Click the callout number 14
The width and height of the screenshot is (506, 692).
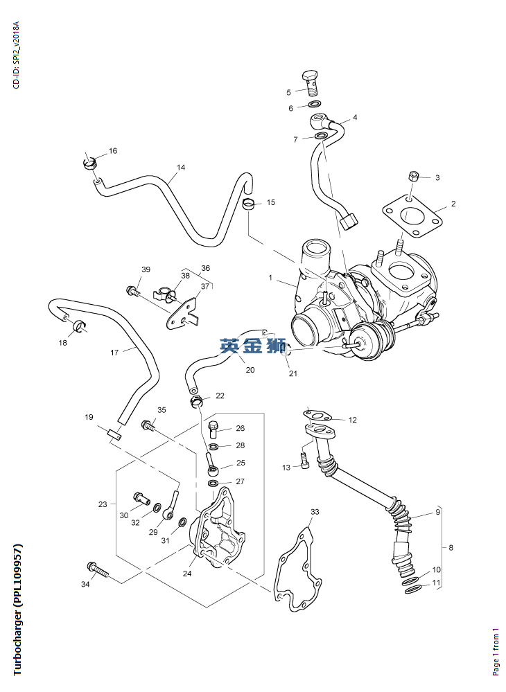point(181,168)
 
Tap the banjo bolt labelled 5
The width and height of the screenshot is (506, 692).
point(311,82)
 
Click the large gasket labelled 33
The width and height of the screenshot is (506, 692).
point(301,572)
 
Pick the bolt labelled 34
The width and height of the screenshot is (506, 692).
point(96,570)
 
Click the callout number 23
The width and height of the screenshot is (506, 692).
point(103,504)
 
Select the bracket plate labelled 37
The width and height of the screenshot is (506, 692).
point(183,312)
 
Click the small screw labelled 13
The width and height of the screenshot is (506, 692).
point(304,459)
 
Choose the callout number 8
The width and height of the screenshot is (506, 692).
point(451,547)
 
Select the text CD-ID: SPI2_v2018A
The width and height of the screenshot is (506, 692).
point(17,55)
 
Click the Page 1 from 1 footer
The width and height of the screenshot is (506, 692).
point(496,651)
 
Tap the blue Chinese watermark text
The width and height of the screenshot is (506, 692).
point(254,345)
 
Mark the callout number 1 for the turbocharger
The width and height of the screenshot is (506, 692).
point(270,278)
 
